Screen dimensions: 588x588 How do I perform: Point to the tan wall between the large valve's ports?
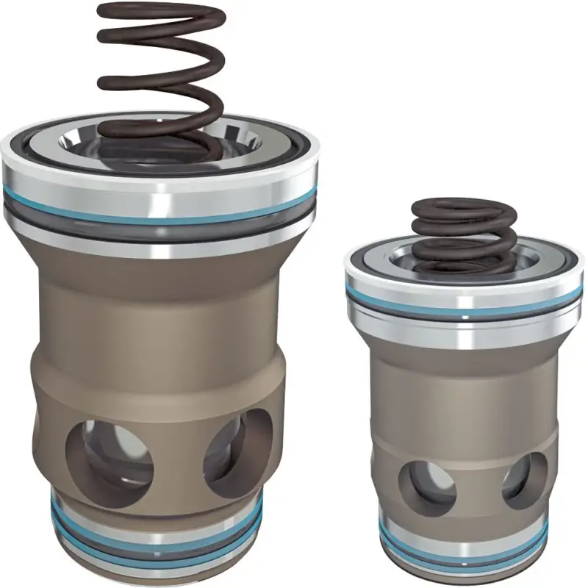[176, 456]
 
